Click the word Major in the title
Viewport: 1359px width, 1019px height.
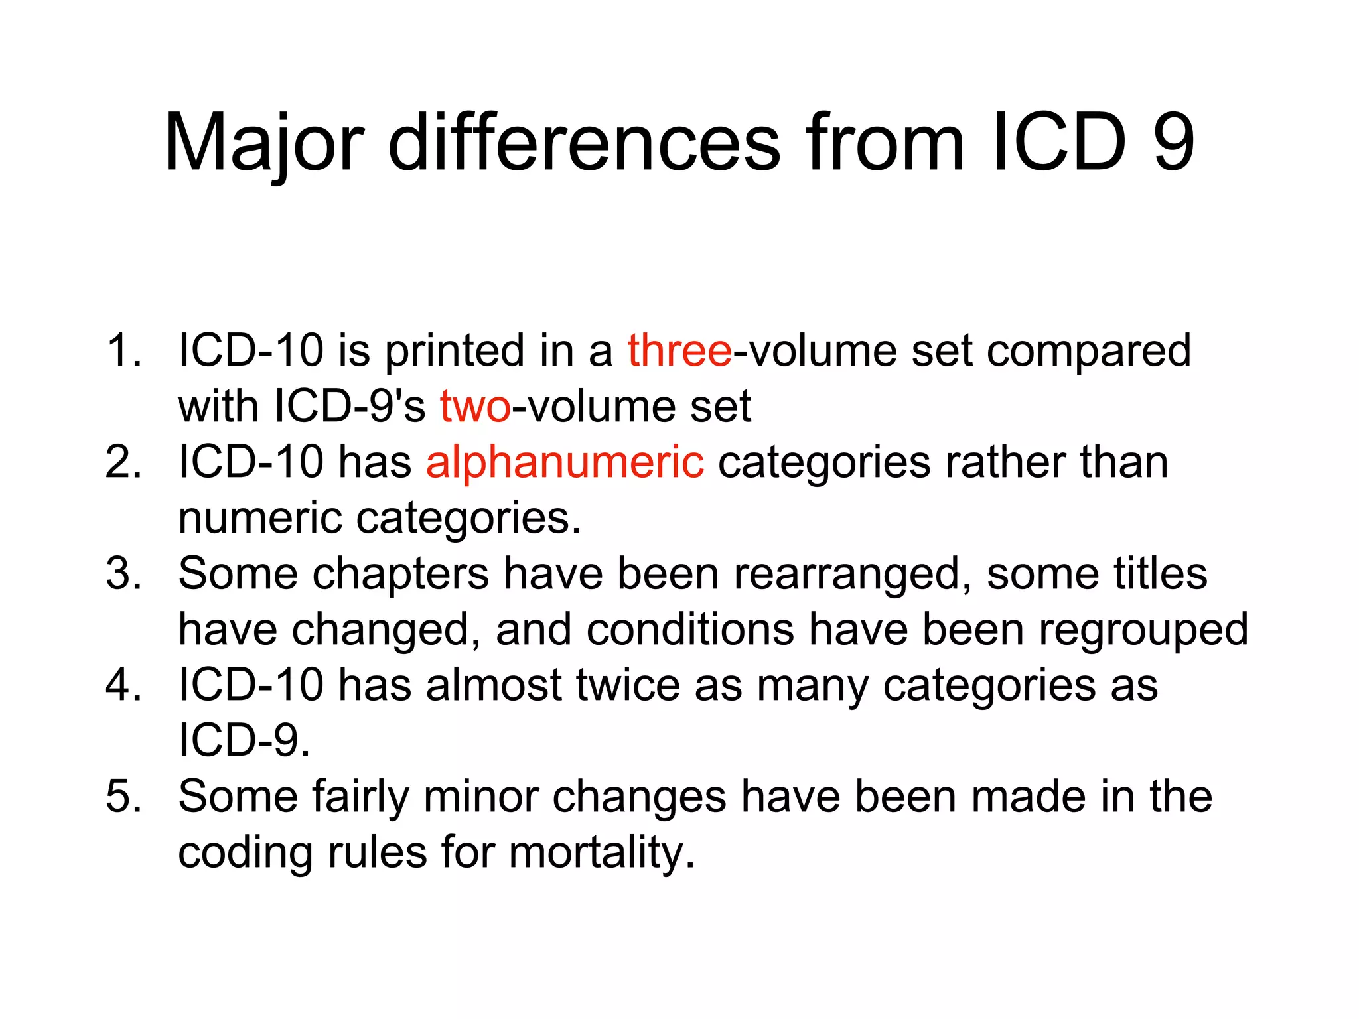(263, 143)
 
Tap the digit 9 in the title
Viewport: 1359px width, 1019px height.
(1174, 141)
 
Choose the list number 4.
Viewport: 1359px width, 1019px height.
(123, 684)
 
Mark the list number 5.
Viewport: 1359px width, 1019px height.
(123, 795)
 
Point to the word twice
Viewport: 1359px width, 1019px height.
(628, 684)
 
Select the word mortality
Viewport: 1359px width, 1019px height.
(602, 852)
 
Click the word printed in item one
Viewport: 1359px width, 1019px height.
(455, 351)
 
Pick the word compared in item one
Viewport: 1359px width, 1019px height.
(1088, 351)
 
